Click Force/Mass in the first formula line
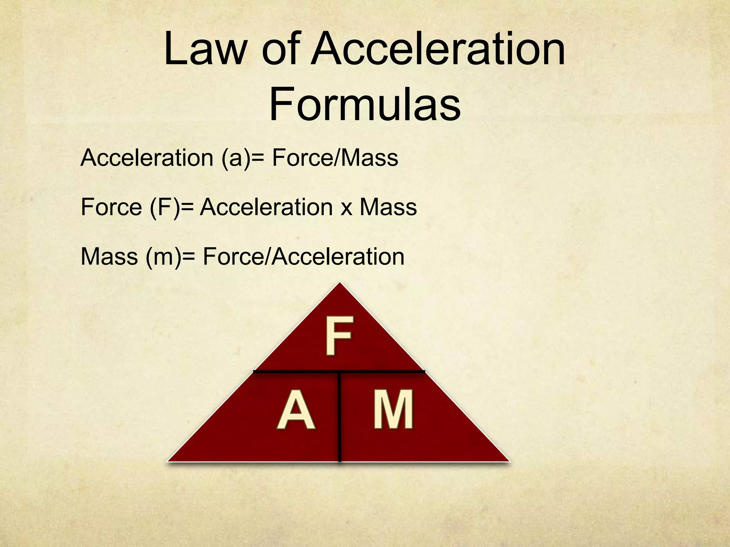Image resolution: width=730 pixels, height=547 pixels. tap(335, 158)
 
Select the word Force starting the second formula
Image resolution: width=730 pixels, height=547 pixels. tap(111, 207)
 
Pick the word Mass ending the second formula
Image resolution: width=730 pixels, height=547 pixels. tap(388, 207)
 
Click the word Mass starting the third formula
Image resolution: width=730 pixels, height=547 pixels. tap(109, 256)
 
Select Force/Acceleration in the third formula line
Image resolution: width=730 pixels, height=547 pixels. tap(303, 256)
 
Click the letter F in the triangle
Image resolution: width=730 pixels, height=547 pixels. tap(339, 336)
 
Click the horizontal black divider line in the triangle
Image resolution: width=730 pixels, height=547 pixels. tap(296, 372)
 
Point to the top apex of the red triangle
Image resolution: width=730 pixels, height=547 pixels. tap(340, 284)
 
